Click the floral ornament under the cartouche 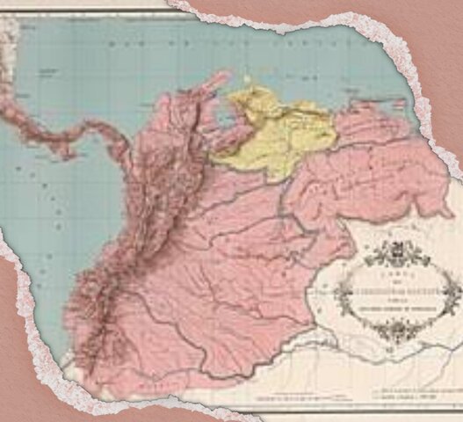(x=387, y=329)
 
